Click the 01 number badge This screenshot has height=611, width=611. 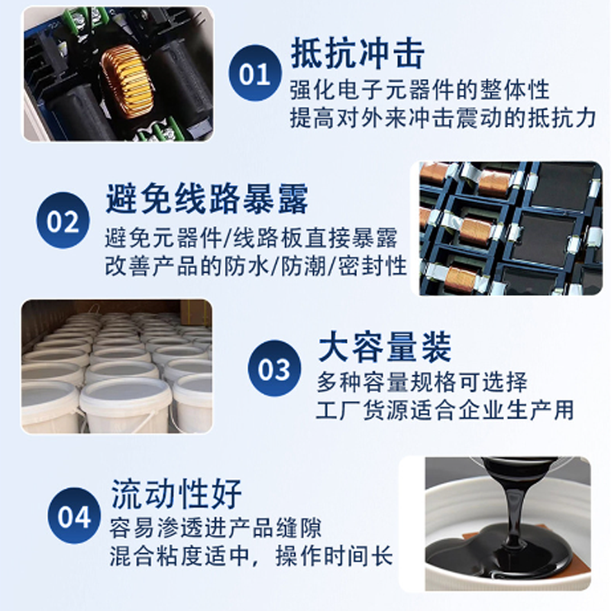pyautogui.click(x=255, y=73)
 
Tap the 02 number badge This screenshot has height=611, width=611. pyautogui.click(x=63, y=220)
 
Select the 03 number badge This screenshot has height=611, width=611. pyautogui.click(x=274, y=368)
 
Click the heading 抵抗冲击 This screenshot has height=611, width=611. pyautogui.click(x=357, y=53)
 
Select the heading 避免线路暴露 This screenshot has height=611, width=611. pyautogui.click(x=207, y=199)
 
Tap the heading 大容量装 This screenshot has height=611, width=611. pyautogui.click(x=385, y=347)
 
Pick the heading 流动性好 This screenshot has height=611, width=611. pyautogui.click(x=176, y=493)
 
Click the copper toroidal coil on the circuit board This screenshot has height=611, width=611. pyautogui.click(x=127, y=82)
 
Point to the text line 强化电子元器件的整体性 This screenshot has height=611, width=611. pyautogui.click(x=419, y=90)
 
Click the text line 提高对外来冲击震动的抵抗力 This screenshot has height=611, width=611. pyautogui.click(x=443, y=118)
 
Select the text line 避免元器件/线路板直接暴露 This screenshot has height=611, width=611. pyautogui.click(x=251, y=238)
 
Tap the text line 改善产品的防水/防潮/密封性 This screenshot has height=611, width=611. pyautogui.click(x=256, y=267)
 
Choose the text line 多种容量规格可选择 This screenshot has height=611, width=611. pyautogui.click(x=422, y=383)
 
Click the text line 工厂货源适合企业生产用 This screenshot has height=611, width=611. pyautogui.click(x=445, y=410)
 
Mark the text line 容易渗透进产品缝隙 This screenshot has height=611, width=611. pyautogui.click(x=215, y=529)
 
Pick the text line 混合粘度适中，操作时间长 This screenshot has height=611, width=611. pyautogui.click(x=251, y=556)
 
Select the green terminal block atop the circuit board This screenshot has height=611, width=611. pyautogui.click(x=85, y=18)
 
